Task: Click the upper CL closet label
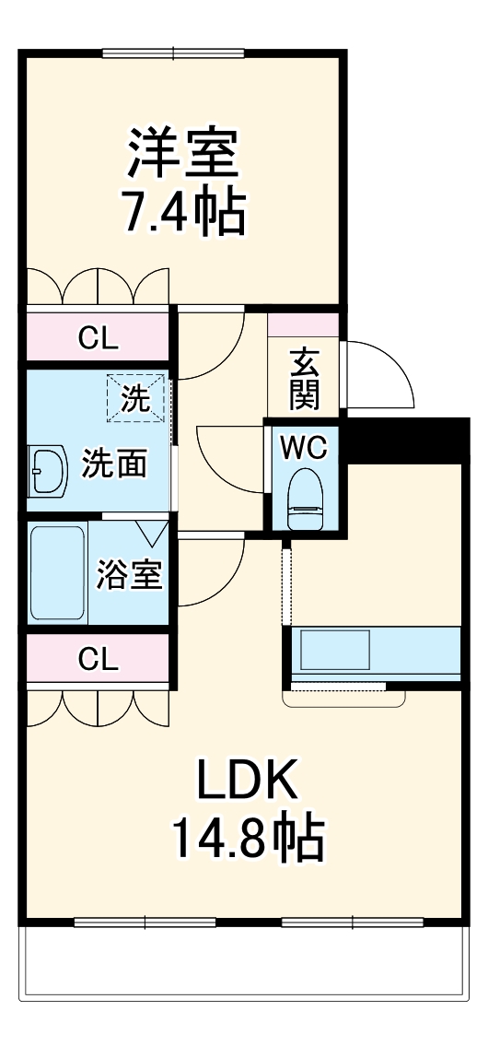click(x=98, y=338)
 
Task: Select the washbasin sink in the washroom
click(x=47, y=472)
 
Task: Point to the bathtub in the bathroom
click(x=57, y=573)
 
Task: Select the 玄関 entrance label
click(x=304, y=378)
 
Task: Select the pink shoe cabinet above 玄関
click(x=303, y=325)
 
